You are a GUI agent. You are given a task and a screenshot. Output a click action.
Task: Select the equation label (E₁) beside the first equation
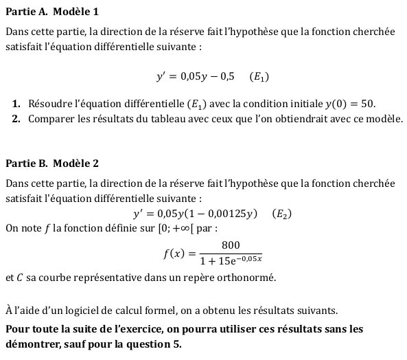259,77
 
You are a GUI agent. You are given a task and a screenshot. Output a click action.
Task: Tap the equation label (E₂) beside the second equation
281,214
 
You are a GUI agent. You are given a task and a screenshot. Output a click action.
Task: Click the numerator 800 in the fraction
231,245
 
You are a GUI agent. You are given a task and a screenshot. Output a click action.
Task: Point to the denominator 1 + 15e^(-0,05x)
231,260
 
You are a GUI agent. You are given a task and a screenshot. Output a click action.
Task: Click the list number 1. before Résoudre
16,104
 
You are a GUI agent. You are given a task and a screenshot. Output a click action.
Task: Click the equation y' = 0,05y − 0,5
195,77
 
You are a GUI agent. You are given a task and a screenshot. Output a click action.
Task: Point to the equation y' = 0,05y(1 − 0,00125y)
195,214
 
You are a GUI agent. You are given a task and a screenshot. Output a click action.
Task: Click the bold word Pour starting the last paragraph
17,329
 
